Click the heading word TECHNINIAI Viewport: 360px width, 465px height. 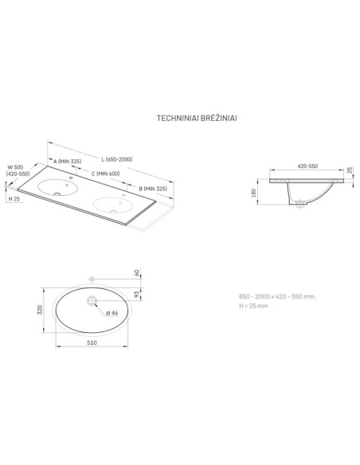click(x=178, y=118)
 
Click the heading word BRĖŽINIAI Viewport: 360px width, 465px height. click(x=218, y=118)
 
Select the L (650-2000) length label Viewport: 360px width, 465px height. click(x=117, y=159)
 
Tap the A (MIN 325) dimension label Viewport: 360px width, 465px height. click(x=68, y=162)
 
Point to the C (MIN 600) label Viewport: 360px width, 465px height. click(x=106, y=174)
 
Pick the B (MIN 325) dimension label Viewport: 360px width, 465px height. click(x=153, y=189)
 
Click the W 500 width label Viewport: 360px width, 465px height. click(x=15, y=167)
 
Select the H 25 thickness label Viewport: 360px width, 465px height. click(x=14, y=199)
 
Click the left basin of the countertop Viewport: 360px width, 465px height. click(x=58, y=187)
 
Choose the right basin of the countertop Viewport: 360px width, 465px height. click(x=113, y=205)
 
